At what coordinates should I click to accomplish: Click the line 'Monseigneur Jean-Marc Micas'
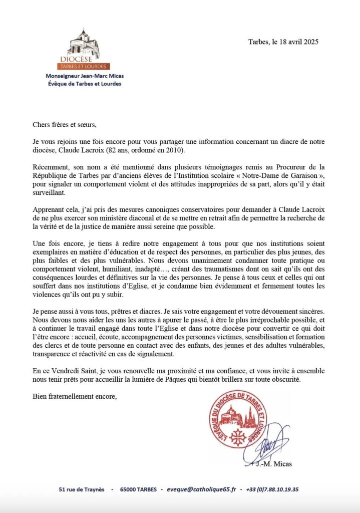coord(84,76)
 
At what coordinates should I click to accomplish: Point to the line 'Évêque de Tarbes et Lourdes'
coord(84,84)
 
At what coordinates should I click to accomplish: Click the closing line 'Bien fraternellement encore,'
coord(74,397)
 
